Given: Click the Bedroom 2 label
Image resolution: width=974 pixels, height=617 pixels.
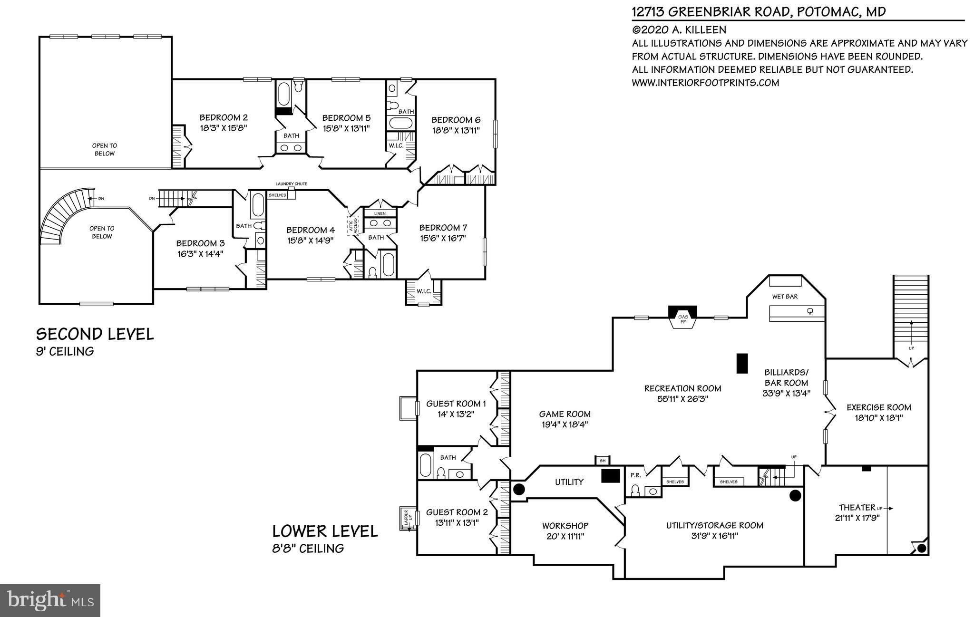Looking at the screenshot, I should coord(224,117).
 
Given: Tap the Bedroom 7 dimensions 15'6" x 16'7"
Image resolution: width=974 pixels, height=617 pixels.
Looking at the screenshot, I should coord(442,238).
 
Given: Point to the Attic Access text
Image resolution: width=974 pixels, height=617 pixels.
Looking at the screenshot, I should coord(353,225).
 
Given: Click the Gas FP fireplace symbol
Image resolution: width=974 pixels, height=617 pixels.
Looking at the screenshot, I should coord(683,318).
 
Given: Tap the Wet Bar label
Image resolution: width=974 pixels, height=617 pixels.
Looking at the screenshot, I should coord(785,297).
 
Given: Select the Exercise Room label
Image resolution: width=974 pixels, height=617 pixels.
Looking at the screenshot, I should coord(879,407).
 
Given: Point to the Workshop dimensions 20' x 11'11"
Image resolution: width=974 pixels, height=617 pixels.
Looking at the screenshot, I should coord(565,536).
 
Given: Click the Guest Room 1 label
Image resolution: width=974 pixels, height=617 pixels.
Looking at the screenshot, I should coord(456,404).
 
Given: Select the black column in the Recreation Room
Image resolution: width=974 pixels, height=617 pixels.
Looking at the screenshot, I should coord(742,363).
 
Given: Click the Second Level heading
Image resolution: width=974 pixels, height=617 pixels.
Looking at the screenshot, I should coord(95,334).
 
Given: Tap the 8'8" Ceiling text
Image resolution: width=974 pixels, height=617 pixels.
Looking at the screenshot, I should coord(308,548).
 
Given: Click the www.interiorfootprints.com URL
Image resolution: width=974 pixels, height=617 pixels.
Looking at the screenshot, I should coord(705,83).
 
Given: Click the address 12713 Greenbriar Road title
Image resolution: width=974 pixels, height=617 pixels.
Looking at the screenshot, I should coord(759,11).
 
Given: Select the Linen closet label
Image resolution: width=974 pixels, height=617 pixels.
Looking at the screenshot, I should coord(380,213).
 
